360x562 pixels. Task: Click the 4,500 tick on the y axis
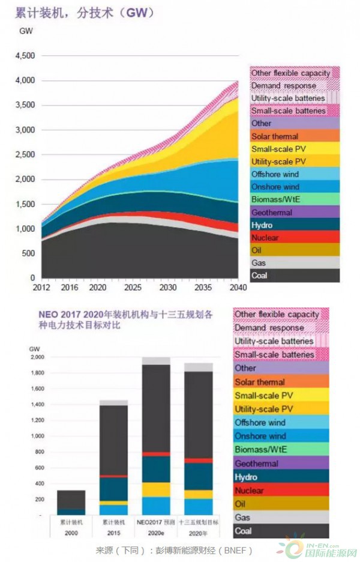coord(26,56)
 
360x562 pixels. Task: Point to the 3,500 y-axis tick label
coord(26,105)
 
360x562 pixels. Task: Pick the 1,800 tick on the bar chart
coord(37,373)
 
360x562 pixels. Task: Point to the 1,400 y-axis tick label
coord(37,405)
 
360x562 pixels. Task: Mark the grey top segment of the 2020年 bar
coord(198,367)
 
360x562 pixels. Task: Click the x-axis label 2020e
coord(155,530)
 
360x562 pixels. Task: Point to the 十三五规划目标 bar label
coord(198,522)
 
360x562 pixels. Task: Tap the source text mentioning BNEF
coord(174,550)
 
